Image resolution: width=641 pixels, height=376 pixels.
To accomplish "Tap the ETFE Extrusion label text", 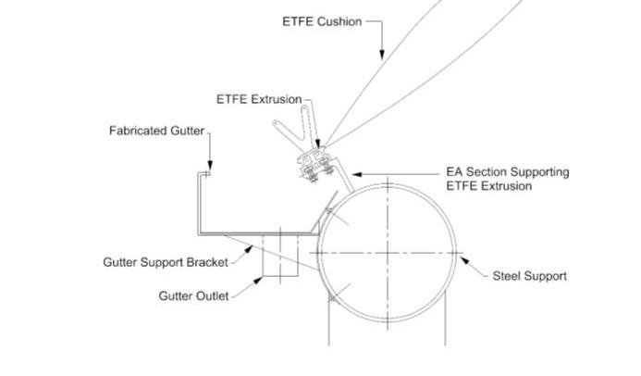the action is (x=258, y=99).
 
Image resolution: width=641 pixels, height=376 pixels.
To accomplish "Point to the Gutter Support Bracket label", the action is (x=165, y=262).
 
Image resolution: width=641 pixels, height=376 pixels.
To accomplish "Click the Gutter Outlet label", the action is (x=192, y=296).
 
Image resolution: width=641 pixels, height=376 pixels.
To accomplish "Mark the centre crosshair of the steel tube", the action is (x=387, y=252).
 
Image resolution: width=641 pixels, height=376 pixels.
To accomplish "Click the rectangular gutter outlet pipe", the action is (x=278, y=256).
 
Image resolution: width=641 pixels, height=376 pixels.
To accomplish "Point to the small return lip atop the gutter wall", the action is (x=206, y=172).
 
